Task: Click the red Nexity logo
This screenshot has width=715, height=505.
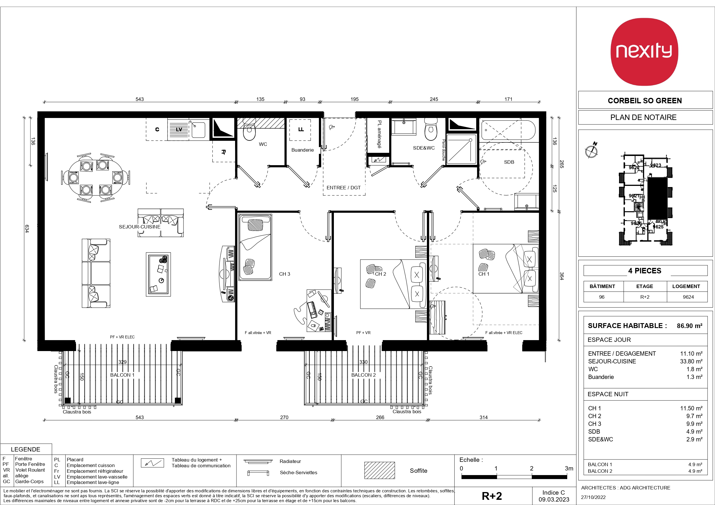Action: [644, 52]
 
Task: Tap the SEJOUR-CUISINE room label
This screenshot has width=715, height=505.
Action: [139, 227]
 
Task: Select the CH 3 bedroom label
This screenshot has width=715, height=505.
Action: [284, 274]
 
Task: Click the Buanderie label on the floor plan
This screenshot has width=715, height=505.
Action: [302, 150]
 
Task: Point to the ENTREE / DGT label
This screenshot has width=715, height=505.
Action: [343, 188]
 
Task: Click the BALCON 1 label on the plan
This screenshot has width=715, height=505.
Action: [122, 375]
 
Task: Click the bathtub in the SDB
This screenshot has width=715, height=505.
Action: [508, 130]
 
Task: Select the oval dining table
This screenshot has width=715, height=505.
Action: [95, 177]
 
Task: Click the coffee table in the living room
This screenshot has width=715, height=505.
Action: [158, 274]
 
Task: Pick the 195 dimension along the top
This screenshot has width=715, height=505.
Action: [354, 99]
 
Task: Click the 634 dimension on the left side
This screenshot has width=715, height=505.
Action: [27, 229]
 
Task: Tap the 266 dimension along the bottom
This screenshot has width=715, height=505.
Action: [380, 418]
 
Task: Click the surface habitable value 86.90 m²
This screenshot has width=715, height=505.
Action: [689, 326]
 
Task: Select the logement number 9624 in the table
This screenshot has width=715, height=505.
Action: [688, 297]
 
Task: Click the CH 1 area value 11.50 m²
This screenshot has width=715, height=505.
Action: [691, 408]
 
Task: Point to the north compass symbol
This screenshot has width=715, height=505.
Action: [591, 150]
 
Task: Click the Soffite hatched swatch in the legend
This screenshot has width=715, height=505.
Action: [379, 470]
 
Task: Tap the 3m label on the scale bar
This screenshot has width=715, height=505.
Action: [569, 468]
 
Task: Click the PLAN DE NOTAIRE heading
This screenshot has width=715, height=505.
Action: [643, 117]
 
